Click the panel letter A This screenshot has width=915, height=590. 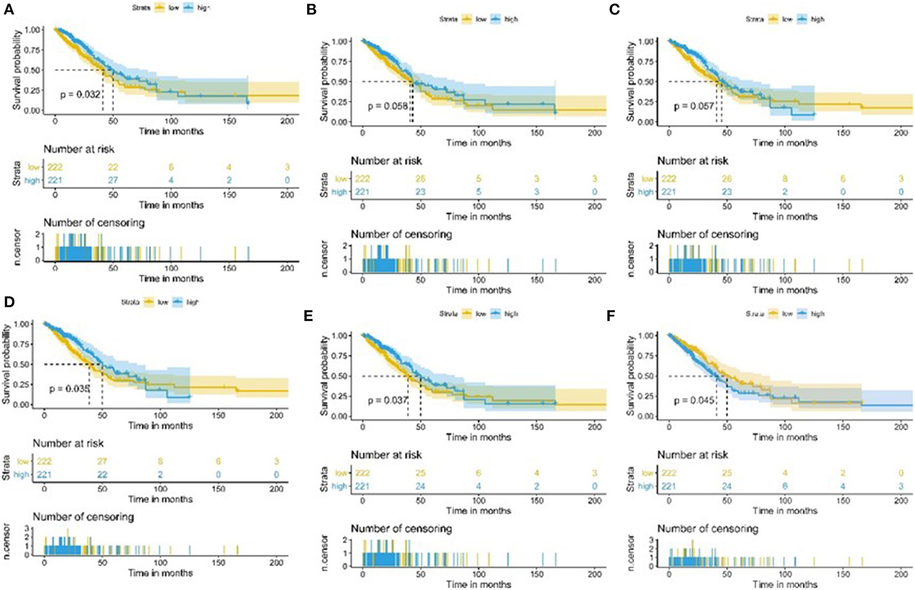(x=9, y=9)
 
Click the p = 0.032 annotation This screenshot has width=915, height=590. (x=80, y=95)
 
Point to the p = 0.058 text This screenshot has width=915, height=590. (x=388, y=106)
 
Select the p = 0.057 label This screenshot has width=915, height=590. (x=694, y=106)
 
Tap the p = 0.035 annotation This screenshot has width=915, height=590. (x=70, y=389)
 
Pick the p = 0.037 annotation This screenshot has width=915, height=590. (x=388, y=400)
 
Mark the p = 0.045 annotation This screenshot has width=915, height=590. (x=694, y=400)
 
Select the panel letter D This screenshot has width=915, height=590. (x=9, y=302)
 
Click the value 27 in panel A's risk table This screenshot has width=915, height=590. (x=113, y=180)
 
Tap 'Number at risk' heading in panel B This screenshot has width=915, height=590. (x=386, y=161)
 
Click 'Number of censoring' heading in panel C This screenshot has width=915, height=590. (x=707, y=235)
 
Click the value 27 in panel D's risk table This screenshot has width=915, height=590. (x=102, y=461)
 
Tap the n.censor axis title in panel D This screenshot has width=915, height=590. (x=7, y=540)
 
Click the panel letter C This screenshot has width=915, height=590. (x=614, y=10)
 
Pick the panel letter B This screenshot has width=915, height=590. (x=311, y=10)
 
